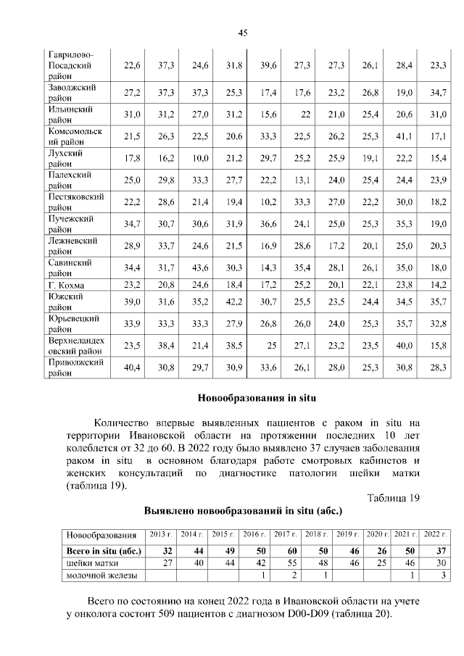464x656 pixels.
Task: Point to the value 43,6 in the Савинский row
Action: pyautogui.click(x=200, y=267)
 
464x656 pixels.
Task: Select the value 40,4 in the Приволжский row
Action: pyautogui.click(x=132, y=368)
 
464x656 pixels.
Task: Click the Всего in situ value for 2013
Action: pyautogui.click(x=167, y=551)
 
